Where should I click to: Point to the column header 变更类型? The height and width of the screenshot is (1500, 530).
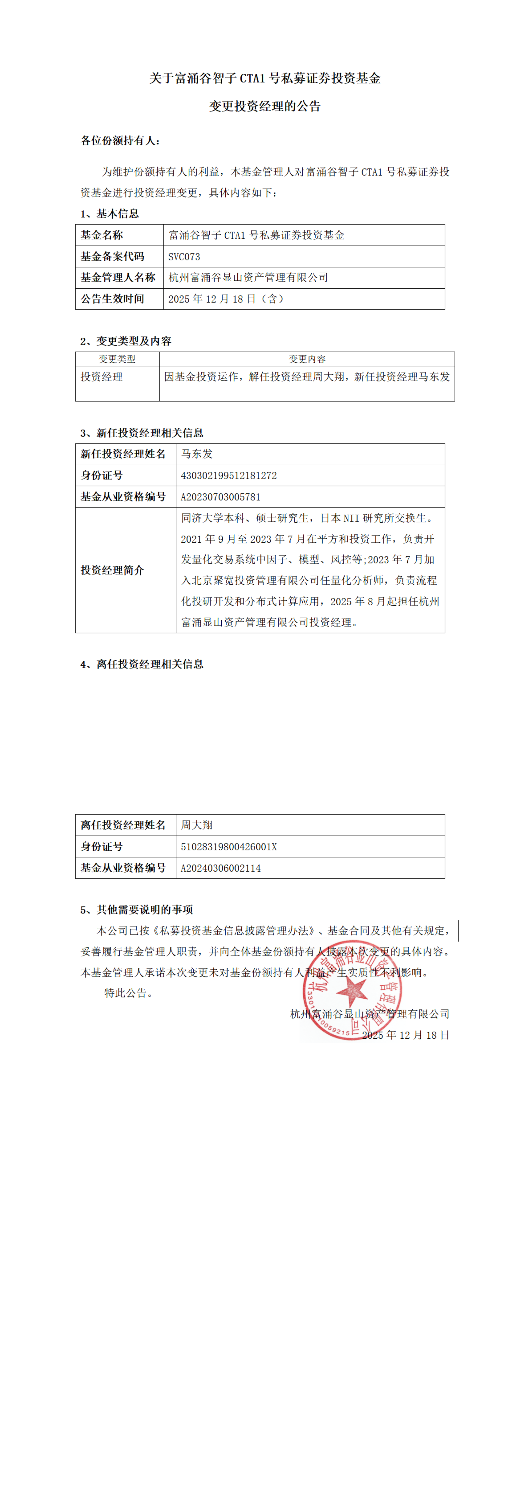click(x=117, y=359)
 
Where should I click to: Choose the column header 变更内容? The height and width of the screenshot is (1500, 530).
click(x=307, y=359)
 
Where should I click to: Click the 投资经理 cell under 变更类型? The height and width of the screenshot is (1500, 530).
click(x=102, y=377)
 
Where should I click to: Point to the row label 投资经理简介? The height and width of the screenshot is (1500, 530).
click(x=112, y=570)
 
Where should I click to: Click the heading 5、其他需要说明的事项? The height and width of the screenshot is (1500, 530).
click(x=137, y=909)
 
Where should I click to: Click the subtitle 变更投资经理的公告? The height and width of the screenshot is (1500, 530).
click(x=265, y=106)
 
